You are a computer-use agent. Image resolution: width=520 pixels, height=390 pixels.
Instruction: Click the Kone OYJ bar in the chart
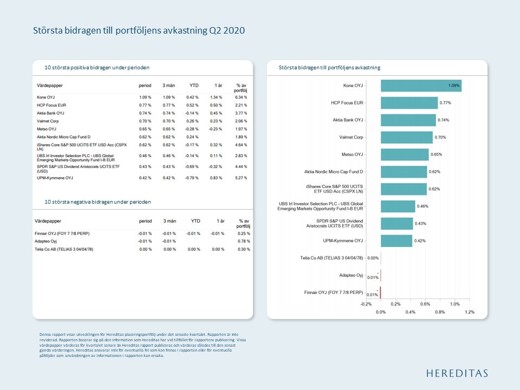(x=421, y=86)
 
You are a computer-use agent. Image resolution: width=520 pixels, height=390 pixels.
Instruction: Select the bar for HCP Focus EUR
(x=409, y=103)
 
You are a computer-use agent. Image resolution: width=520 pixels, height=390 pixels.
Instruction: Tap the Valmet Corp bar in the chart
(x=406, y=138)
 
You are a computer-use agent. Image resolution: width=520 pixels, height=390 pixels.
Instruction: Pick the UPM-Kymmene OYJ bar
(x=396, y=241)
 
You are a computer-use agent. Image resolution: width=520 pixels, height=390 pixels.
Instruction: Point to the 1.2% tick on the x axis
(x=470, y=312)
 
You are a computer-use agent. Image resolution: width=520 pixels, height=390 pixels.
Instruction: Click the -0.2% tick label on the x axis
(x=366, y=304)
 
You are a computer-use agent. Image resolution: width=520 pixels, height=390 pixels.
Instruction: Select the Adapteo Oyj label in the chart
(x=351, y=275)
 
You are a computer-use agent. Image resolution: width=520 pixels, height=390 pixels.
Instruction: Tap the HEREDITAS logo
(x=457, y=373)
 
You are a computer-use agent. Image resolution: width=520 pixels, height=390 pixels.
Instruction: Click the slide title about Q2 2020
(x=139, y=31)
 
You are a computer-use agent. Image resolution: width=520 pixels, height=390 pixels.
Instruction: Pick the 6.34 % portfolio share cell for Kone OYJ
(x=241, y=97)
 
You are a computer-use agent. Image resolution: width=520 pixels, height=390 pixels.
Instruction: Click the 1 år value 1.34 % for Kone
(x=217, y=97)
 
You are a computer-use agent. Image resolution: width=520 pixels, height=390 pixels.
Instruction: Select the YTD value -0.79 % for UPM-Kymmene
(x=193, y=178)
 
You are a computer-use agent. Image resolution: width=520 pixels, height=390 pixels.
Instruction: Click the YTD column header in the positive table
(x=193, y=86)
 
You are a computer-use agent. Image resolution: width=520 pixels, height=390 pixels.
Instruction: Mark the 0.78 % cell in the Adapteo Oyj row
(x=244, y=241)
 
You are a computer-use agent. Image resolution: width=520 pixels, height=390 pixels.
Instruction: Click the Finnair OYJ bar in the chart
(x=380, y=293)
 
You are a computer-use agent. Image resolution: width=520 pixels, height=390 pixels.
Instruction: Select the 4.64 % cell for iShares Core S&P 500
(x=241, y=145)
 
